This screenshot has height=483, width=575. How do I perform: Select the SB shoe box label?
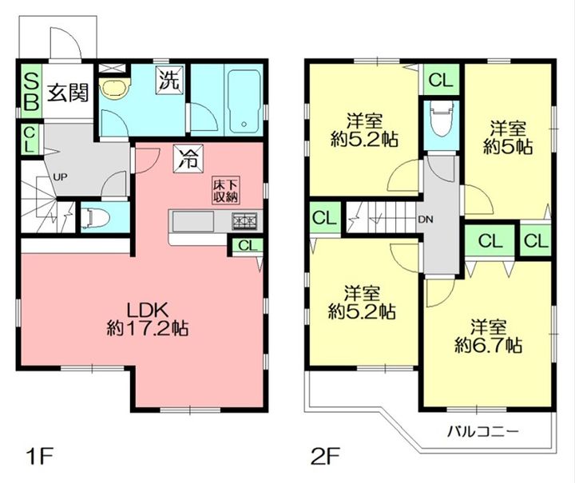30,90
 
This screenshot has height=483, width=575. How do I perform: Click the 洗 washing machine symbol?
169,80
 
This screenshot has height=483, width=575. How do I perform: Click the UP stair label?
59,176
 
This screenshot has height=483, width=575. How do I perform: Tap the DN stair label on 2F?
427,219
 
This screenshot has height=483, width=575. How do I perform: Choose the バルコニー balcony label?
482,432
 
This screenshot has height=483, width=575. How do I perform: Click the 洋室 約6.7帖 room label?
487,336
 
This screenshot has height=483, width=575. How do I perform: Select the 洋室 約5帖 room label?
508,137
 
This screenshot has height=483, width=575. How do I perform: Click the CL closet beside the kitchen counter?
247,245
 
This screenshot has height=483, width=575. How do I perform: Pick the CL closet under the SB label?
29,140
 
